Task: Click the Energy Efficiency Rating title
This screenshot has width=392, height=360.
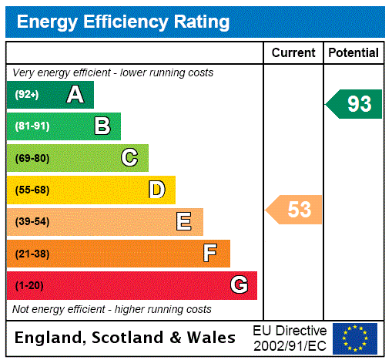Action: (x=123, y=22)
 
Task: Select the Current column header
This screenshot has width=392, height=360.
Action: (x=293, y=53)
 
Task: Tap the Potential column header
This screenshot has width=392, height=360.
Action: (x=353, y=53)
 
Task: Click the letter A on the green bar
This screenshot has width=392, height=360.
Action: (x=75, y=95)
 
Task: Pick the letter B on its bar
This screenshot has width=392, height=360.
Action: (x=102, y=126)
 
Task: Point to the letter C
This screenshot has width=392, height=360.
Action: (x=129, y=158)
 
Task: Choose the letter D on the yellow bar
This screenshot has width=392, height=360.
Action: (x=156, y=190)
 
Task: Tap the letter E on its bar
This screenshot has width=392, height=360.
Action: (x=184, y=222)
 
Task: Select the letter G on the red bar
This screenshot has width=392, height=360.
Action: (x=239, y=285)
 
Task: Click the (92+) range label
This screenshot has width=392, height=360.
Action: (x=27, y=95)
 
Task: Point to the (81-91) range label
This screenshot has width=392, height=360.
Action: (x=32, y=126)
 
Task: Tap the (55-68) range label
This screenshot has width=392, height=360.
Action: (x=32, y=190)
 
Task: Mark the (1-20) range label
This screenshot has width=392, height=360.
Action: (x=29, y=285)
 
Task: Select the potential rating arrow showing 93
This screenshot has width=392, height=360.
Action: (x=355, y=104)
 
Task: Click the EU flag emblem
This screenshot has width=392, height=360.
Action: (x=355, y=338)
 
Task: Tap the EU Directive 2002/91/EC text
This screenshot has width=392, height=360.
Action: (x=290, y=338)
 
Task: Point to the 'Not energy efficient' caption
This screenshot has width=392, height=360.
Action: (x=112, y=309)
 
